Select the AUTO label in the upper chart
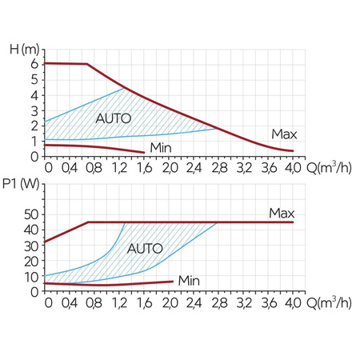point(114,118)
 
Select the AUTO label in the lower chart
point(144,247)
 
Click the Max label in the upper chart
point(283,133)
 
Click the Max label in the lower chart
point(282,213)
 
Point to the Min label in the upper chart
point(162,148)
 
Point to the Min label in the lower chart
point(189,280)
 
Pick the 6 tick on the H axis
point(34,63)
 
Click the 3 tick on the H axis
point(34,110)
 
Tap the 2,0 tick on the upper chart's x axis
point(170,169)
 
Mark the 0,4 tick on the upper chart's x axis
point(71,169)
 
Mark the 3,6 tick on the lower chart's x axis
point(269,304)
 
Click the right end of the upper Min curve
point(144,152)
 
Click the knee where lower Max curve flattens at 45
point(88,222)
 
